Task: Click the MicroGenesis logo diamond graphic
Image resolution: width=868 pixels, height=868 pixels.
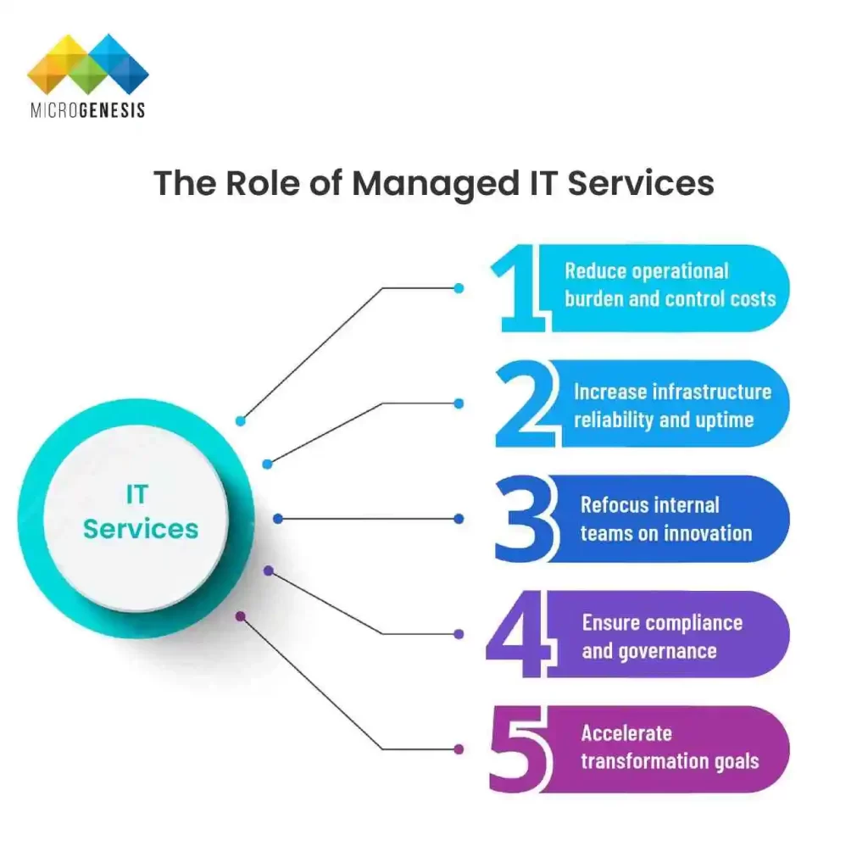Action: (87, 64)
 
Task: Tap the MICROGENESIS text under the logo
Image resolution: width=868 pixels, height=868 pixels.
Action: (87, 110)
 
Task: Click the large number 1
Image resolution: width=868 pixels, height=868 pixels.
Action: (520, 289)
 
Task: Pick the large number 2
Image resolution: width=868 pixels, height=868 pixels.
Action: (523, 403)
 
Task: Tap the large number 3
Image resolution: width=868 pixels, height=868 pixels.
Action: (524, 519)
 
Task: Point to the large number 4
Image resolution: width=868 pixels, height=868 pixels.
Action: (516, 634)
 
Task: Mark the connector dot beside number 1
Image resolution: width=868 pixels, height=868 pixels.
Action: (459, 288)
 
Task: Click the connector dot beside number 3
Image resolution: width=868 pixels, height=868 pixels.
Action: (459, 518)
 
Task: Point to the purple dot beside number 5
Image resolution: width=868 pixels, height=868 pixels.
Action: (459, 749)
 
